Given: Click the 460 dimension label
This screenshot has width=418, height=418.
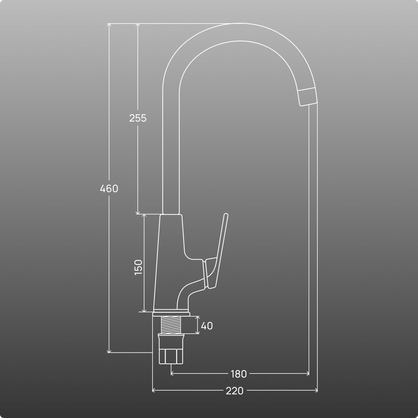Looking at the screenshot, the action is pyautogui.click(x=109, y=188).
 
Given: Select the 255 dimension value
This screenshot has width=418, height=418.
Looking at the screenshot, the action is pyautogui.click(x=138, y=118).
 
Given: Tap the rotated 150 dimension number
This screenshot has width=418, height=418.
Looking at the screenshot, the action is pyautogui.click(x=138, y=267).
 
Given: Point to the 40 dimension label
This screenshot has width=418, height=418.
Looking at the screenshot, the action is pyautogui.click(x=207, y=326).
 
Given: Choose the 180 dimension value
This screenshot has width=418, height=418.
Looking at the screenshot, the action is pyautogui.click(x=238, y=374).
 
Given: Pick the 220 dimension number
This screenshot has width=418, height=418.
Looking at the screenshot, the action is pyautogui.click(x=235, y=391).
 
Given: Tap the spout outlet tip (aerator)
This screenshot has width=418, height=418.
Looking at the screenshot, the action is pyautogui.click(x=307, y=97).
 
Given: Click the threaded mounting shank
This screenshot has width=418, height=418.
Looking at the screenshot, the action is pyautogui.click(x=171, y=325).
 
